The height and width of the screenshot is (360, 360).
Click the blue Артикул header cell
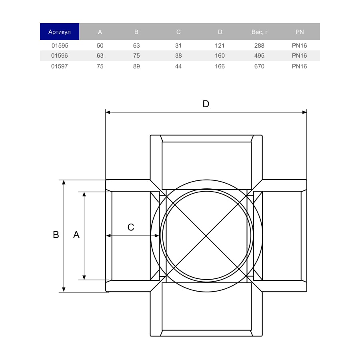60,32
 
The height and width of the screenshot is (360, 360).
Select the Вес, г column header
260,32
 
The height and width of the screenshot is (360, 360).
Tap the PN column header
299,32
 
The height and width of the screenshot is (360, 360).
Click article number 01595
60,46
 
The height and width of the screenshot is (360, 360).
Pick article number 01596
60,56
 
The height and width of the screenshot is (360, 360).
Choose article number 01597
60,66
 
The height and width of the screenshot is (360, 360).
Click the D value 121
220,46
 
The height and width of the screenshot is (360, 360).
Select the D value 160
220,56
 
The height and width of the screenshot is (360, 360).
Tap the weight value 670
259,66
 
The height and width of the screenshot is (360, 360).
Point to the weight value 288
259,46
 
